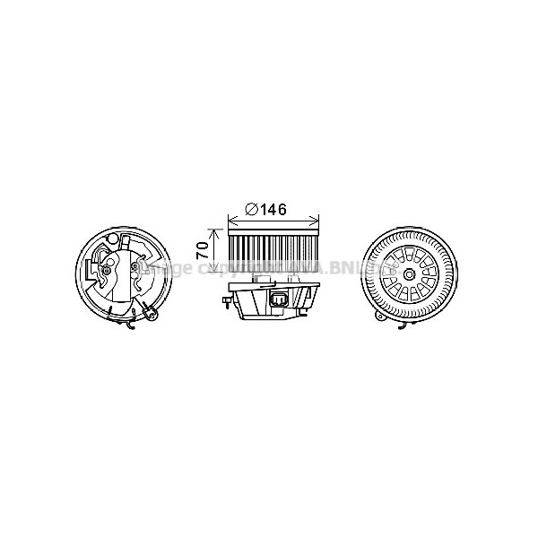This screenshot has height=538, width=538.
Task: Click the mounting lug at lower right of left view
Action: pyautogui.click(x=152, y=314)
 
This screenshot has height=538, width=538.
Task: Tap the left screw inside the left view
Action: pyautogui.click(x=108, y=270)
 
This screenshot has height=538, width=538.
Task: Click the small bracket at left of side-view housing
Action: pyautogui.click(x=223, y=301)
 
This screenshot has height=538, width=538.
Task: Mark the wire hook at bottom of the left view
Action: pyautogui.click(x=132, y=327)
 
